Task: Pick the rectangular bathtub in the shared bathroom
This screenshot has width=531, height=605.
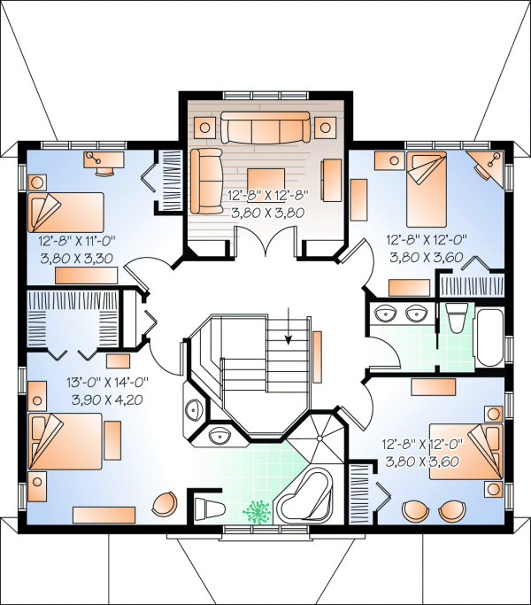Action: tap(489, 335)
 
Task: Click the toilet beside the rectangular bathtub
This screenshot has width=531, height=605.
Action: tap(456, 316)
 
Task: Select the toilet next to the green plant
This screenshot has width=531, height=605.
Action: tap(210, 509)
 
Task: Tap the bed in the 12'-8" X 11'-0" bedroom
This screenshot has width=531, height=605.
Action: tap(66, 213)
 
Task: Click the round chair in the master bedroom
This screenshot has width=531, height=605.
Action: tap(165, 503)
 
